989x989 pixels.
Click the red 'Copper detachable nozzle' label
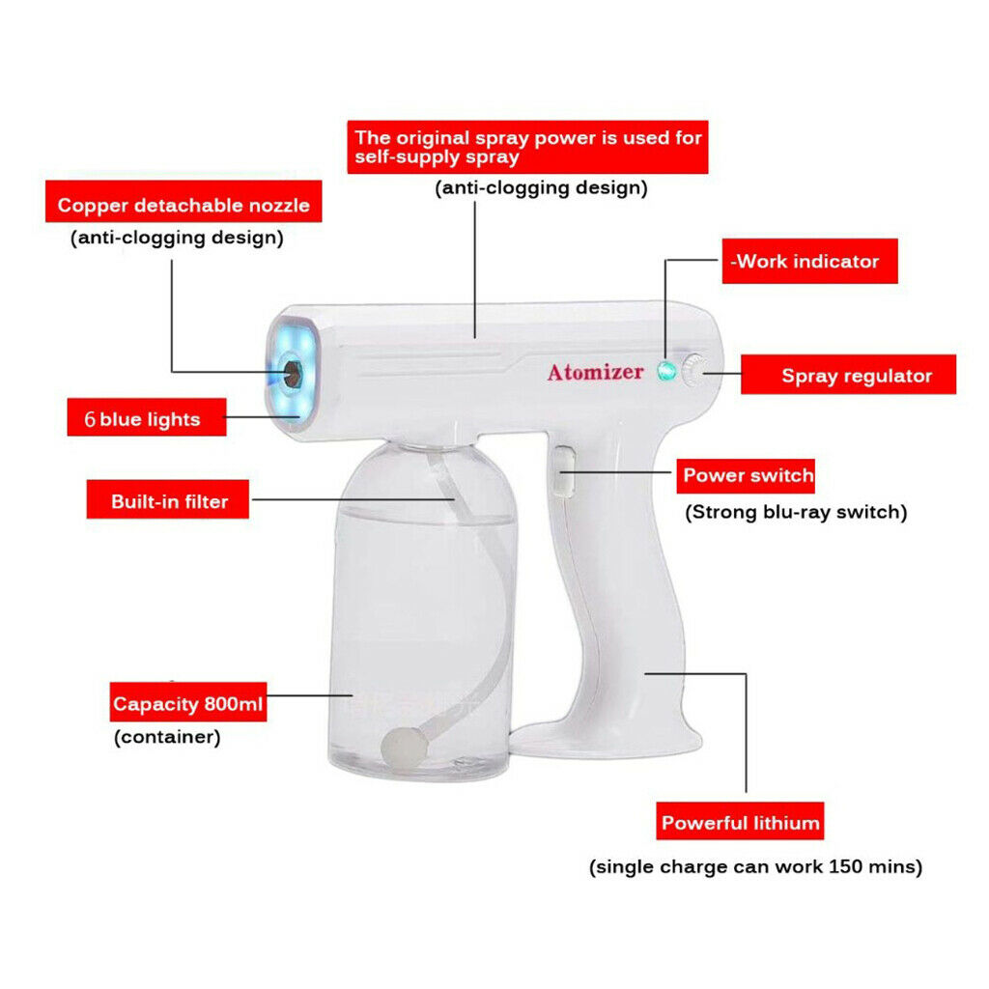[184, 201]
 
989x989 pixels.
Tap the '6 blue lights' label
[147, 417]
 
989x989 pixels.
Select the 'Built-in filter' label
[168, 499]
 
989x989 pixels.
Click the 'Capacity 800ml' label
[188, 701]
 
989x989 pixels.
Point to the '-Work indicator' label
[810, 261]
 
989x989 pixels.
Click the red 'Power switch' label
[746, 475]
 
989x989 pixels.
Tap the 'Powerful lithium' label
[740, 821]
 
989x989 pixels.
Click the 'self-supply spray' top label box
[527, 147]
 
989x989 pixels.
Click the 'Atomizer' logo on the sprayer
[595, 372]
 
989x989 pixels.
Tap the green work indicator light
[666, 371]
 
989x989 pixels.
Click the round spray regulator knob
[692, 370]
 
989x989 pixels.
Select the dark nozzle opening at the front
[292, 374]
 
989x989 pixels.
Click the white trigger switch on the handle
[563, 470]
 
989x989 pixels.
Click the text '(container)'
[167, 737]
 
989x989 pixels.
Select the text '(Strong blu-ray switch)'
[796, 512]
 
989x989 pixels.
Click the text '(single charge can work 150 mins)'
[755, 866]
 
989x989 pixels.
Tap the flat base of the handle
[606, 739]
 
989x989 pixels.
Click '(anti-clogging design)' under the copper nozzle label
[178, 238]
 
